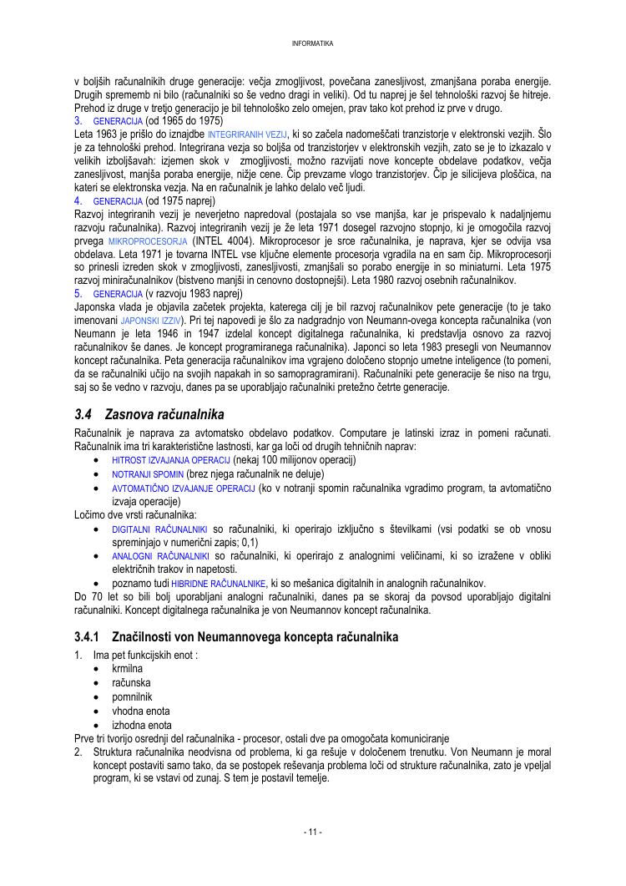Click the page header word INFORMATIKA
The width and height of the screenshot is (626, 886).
(313, 43)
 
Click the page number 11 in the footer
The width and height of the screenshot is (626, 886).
(313, 832)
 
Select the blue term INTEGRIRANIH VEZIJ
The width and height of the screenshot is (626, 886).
(247, 134)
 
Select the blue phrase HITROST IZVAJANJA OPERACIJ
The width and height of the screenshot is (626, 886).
(171, 460)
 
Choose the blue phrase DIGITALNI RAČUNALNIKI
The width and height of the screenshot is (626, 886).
(159, 530)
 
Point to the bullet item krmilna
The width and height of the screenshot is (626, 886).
(127, 669)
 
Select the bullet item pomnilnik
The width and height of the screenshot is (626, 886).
(132, 696)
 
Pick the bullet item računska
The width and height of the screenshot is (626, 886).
(131, 683)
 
